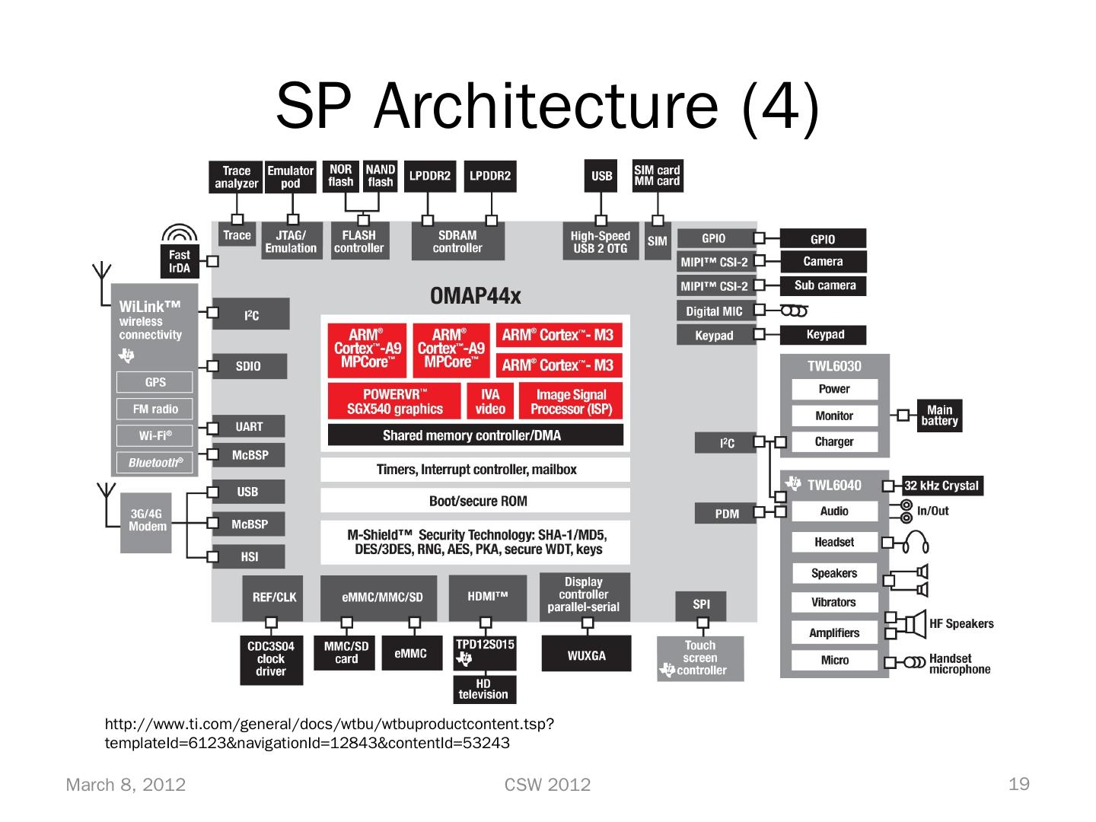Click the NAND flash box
[x=380, y=176]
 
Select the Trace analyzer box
[x=236, y=177]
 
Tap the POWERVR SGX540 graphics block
[x=394, y=401]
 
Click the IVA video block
[x=490, y=401]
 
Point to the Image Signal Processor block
[x=570, y=401]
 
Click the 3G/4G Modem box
[x=147, y=522]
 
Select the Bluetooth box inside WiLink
[x=155, y=463]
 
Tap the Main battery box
[x=939, y=416]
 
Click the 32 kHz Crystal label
[x=942, y=486]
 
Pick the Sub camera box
[x=824, y=285]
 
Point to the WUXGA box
[x=586, y=655]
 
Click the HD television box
[x=483, y=689]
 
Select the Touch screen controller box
[x=700, y=658]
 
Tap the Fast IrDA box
[x=180, y=261]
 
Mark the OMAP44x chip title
[x=476, y=296]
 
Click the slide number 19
[x=1018, y=784]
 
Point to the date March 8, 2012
[x=126, y=785]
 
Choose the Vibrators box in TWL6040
[x=834, y=602]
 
